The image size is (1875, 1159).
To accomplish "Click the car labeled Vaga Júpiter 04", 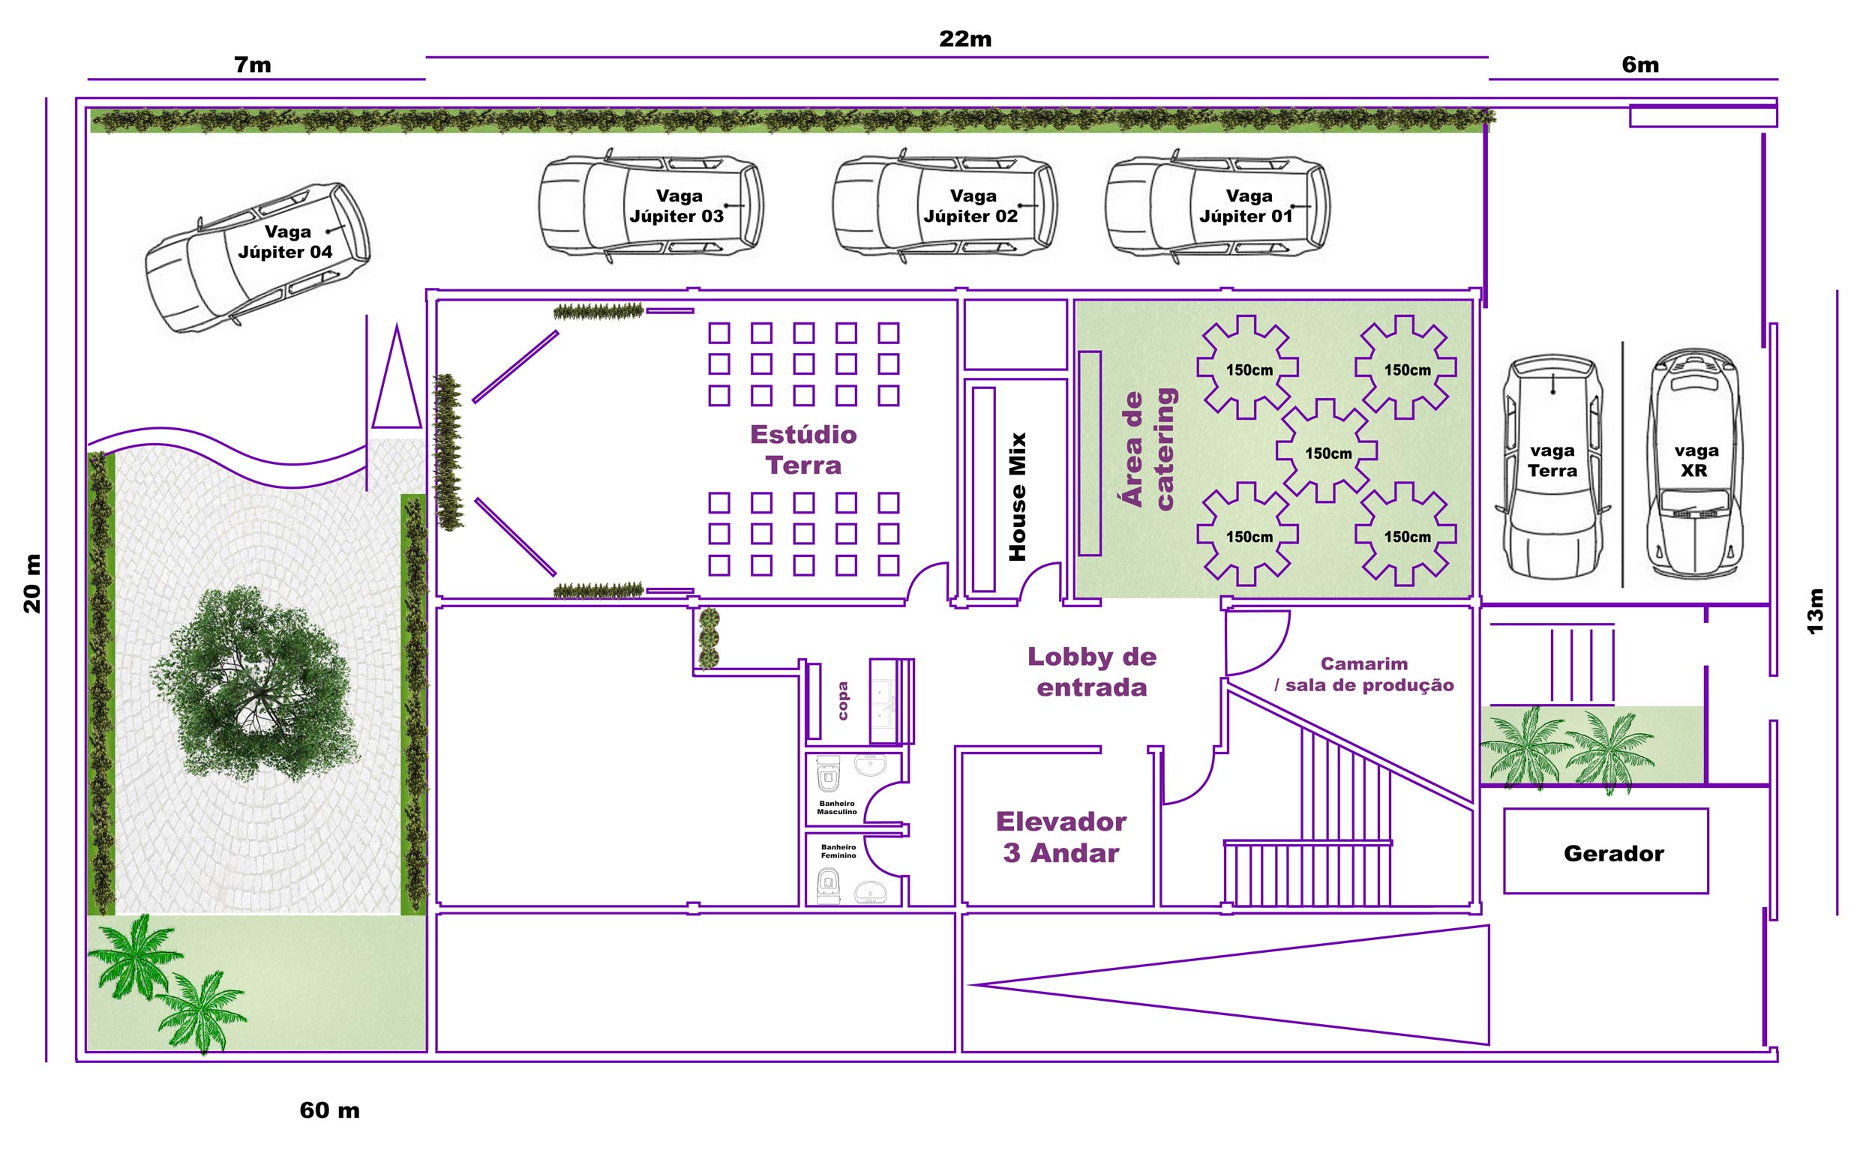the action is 258,257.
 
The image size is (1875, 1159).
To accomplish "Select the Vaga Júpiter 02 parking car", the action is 945,205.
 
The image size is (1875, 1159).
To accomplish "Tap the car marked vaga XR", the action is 1695,464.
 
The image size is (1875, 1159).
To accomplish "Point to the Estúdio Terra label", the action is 803,450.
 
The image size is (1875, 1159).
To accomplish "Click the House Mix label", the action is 1017,497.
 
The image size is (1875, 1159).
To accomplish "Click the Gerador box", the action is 1606,851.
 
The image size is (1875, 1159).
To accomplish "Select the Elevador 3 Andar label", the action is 1061,837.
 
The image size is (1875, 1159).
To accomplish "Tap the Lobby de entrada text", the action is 1092,672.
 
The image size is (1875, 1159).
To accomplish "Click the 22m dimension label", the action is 965,38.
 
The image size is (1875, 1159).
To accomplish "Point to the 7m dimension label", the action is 252,64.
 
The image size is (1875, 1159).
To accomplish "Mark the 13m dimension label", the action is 1815,612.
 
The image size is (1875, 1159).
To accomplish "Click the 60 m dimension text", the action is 330,1110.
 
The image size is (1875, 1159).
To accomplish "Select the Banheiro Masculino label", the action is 837,808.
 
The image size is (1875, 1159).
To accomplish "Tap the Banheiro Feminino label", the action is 838,852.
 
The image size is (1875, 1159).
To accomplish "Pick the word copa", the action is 843,702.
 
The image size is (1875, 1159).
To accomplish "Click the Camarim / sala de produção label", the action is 1364,675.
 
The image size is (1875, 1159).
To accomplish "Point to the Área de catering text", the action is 1148,449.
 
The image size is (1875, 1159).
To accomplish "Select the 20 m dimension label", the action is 32,583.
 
